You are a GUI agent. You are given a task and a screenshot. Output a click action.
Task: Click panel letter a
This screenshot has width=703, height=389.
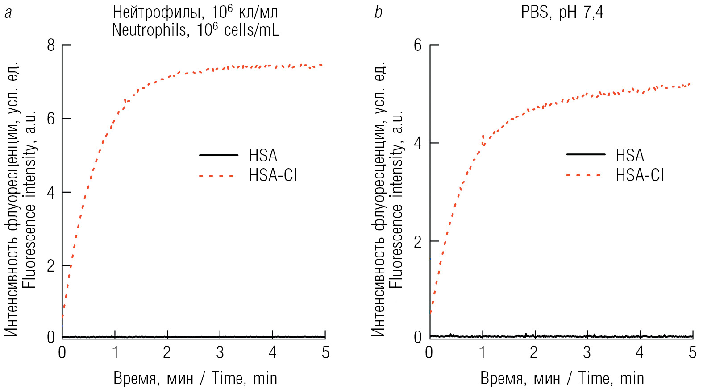click(8, 13)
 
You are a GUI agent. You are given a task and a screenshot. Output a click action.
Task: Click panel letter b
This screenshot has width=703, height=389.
click(379, 13)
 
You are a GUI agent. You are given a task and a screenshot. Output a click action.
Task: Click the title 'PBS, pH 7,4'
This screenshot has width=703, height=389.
click(562, 12)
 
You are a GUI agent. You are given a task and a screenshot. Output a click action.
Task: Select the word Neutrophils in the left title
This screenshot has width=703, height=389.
click(150, 30)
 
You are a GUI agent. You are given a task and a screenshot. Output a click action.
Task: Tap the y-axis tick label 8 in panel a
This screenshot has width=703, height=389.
click(51, 45)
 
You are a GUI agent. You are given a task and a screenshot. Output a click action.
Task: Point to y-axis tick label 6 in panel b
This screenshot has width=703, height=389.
click(418, 45)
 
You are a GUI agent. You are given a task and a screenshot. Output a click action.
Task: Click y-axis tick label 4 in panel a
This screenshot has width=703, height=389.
click(51, 192)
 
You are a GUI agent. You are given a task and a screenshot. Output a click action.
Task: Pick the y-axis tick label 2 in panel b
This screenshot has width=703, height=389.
click(418, 242)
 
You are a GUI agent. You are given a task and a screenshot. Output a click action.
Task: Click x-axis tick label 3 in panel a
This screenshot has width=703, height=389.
click(220, 353)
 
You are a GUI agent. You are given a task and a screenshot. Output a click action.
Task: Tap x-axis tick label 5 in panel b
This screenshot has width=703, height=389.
click(692, 353)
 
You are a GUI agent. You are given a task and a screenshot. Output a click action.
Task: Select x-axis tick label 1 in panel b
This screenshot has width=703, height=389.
click(482, 353)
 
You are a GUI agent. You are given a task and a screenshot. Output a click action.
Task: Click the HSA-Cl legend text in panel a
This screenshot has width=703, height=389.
click(273, 175)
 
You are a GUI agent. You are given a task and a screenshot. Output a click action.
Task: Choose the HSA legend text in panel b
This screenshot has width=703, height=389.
click(630, 155)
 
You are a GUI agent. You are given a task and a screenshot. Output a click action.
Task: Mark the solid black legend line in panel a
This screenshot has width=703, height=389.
click(219, 155)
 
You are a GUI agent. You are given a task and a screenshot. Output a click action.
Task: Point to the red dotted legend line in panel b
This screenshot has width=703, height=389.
click(585, 175)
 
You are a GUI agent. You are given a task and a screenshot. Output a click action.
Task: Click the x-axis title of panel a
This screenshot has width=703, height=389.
click(195, 378)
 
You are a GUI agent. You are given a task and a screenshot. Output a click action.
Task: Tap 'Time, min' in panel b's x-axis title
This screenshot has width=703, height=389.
click(611, 378)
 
